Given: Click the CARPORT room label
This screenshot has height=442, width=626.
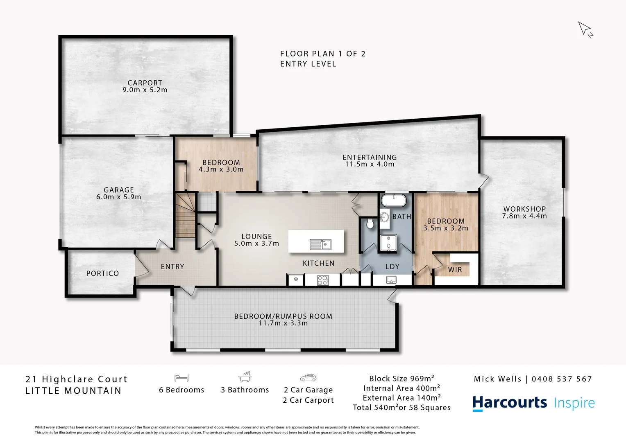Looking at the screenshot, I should pyautogui.click(x=145, y=83).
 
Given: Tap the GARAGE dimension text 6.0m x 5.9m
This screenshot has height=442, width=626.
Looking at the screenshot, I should pyautogui.click(x=118, y=197).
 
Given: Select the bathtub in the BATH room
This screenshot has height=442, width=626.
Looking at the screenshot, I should pyautogui.click(x=393, y=201).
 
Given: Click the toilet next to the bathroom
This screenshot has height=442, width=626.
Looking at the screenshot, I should pyautogui.click(x=370, y=223).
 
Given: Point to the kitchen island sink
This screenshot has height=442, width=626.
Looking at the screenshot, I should pyautogui.click(x=321, y=244).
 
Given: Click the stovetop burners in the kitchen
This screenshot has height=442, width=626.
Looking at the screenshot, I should pyautogui.click(x=323, y=280).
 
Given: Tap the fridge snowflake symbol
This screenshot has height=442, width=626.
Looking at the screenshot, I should pyautogui.click(x=295, y=280).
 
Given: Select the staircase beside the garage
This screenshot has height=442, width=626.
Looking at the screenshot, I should pyautogui.click(x=186, y=215).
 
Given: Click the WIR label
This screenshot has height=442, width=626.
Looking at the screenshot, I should pyautogui.click(x=455, y=270).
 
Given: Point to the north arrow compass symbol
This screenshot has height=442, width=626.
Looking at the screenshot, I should pyautogui.click(x=585, y=29).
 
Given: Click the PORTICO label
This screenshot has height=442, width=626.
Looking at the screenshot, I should pyautogui.click(x=102, y=273).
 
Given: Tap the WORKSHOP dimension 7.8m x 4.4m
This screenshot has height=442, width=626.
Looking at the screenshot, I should pyautogui.click(x=524, y=216).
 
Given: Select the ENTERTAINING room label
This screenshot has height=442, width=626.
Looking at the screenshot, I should pyautogui.click(x=370, y=157).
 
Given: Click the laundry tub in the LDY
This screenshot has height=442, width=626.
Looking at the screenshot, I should pyautogui.click(x=391, y=280).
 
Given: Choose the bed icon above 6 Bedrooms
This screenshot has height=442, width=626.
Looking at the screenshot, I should pyautogui.click(x=181, y=378).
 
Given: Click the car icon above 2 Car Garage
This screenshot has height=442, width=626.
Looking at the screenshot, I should pyautogui.click(x=308, y=378).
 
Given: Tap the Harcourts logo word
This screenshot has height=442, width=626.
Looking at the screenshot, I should pyautogui.click(x=509, y=403).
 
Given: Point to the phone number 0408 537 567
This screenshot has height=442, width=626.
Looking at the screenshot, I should pyautogui.click(x=562, y=379).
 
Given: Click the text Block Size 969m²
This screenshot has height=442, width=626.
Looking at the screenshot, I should pyautogui.click(x=401, y=379).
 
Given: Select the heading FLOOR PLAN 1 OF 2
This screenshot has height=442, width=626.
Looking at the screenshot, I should pyautogui.click(x=323, y=54).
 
